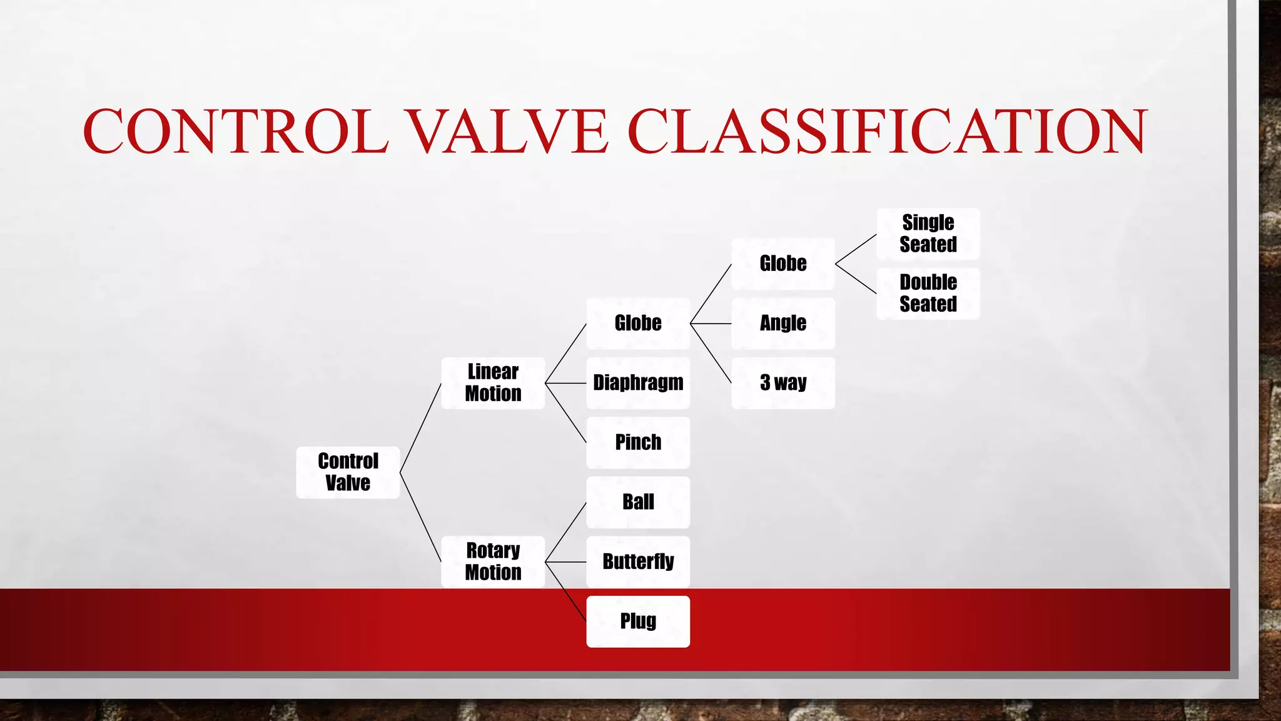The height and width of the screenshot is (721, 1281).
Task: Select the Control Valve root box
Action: (348, 473)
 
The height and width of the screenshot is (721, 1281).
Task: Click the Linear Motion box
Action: (493, 383)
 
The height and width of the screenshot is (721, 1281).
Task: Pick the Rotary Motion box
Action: (493, 561)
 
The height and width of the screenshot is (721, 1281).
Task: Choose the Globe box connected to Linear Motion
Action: (638, 324)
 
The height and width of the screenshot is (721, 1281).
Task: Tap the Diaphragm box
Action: (638, 383)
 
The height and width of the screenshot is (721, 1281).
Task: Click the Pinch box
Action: (638, 442)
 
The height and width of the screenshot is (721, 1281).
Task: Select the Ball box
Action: (638, 502)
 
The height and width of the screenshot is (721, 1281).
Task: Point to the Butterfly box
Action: (638, 561)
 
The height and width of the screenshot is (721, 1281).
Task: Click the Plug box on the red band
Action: (638, 621)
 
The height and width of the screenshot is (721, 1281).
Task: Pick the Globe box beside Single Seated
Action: (783, 263)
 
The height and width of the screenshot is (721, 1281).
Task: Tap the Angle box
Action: (783, 324)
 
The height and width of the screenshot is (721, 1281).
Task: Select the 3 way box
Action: (783, 383)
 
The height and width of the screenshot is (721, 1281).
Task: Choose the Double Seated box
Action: (928, 294)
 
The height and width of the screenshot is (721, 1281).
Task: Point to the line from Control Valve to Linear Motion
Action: (420, 428)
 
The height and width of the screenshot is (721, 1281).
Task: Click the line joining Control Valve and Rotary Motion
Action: (420, 517)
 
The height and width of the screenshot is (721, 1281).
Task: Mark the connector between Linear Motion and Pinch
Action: (565, 412)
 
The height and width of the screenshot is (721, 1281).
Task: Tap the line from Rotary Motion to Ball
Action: (565, 532)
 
